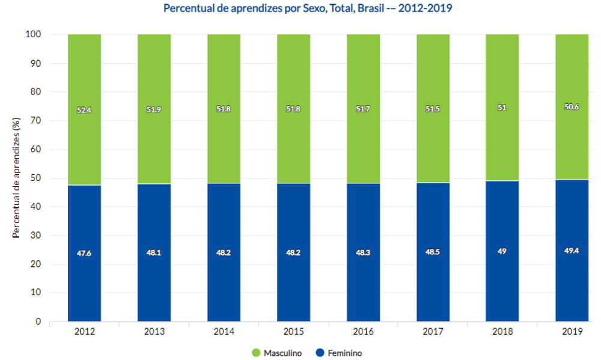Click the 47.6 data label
click(84, 253)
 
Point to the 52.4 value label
click(84, 110)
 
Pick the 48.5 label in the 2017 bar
click(433, 252)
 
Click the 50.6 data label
click(572, 108)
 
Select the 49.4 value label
click(572, 252)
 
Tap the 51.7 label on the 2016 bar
click(363, 109)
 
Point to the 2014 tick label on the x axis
click(224, 331)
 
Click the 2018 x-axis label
click(502, 331)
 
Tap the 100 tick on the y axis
click(33, 34)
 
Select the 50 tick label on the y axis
click(35, 178)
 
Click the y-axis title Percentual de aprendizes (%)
click(17, 178)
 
